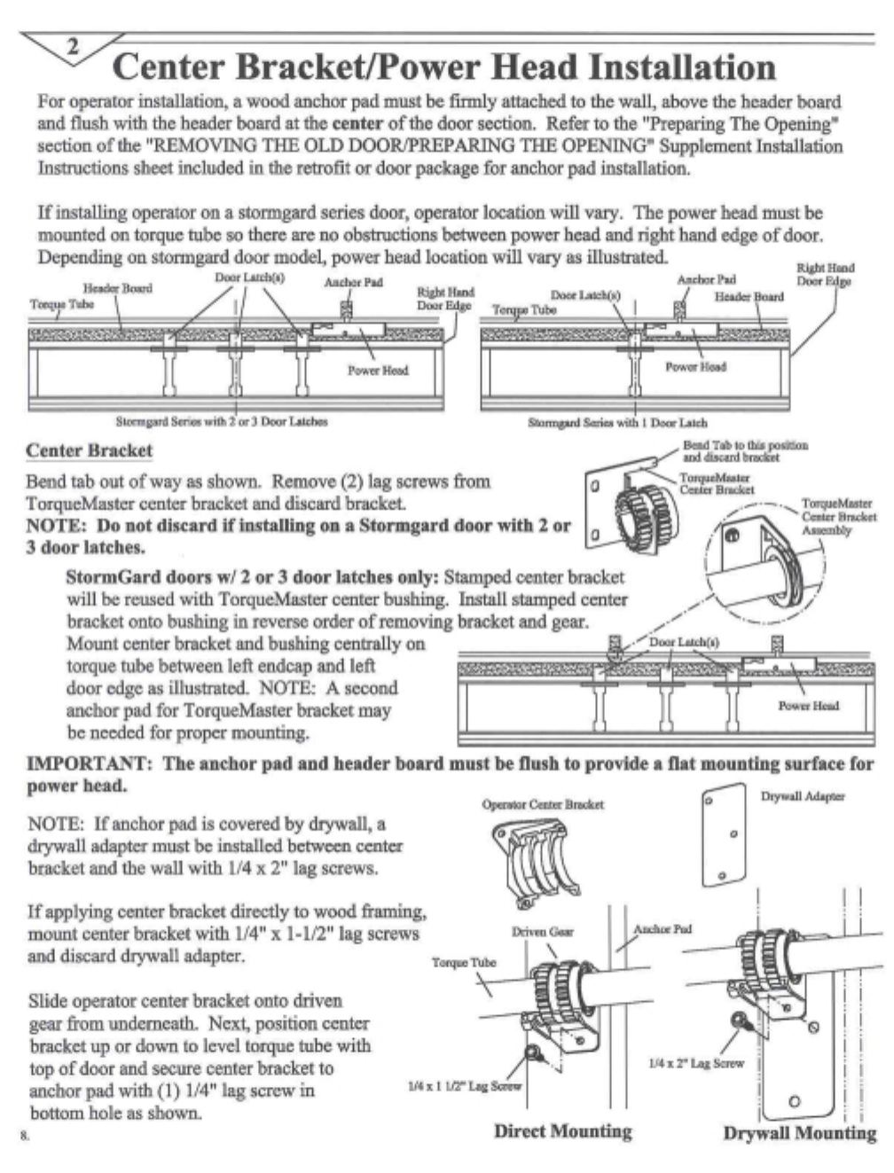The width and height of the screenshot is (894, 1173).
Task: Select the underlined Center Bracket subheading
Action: (x=89, y=450)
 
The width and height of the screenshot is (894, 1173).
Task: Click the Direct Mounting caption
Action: (x=562, y=1131)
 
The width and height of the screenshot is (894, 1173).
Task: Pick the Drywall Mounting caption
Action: (x=799, y=1133)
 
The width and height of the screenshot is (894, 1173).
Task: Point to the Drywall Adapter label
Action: (x=802, y=796)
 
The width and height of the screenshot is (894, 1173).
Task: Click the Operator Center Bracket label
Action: (x=542, y=804)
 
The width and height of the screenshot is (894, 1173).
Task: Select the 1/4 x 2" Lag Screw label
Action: (x=696, y=1062)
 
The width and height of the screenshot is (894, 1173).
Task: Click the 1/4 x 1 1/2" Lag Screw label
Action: (x=464, y=1085)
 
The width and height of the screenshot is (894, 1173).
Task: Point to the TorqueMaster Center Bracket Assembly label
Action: (x=838, y=517)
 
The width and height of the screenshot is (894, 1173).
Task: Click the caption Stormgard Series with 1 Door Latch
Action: (x=617, y=423)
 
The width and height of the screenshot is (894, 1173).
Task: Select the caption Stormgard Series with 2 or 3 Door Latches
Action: (x=222, y=421)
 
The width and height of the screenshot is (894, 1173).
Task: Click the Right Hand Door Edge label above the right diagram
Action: (x=824, y=274)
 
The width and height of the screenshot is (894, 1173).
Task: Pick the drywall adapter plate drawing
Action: (x=724, y=835)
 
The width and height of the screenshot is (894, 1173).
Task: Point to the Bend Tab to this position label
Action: (x=744, y=451)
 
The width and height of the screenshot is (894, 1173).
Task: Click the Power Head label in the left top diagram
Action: (x=377, y=370)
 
